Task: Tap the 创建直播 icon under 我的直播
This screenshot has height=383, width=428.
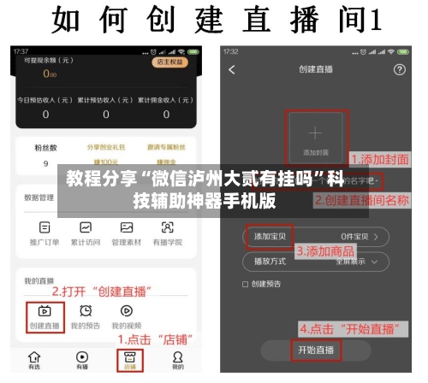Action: click(45, 312)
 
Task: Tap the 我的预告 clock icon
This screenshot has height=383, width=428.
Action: click(86, 312)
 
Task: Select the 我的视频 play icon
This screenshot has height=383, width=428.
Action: click(127, 312)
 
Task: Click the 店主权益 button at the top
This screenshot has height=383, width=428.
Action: click(168, 62)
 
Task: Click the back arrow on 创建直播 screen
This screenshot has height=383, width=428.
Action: click(232, 69)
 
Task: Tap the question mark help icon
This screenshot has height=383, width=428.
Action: click(399, 69)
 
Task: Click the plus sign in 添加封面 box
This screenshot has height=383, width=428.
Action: click(316, 133)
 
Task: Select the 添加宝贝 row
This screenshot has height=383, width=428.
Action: click(316, 235)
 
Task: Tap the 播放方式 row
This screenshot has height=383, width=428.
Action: click(316, 260)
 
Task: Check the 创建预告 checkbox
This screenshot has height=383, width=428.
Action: click(247, 284)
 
